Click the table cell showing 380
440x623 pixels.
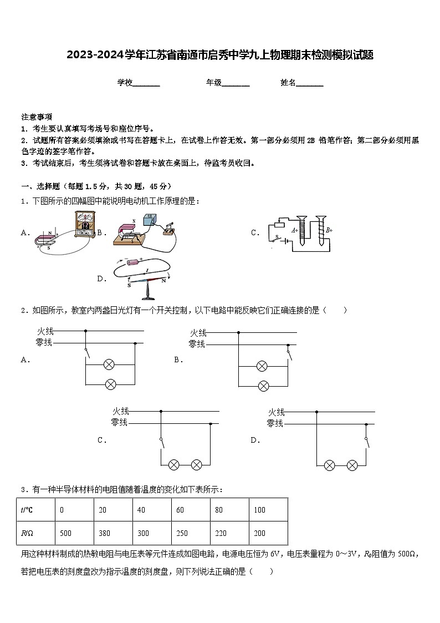coord(104,533)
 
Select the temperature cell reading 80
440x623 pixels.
coord(219,510)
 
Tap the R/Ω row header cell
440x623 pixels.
coord(27,533)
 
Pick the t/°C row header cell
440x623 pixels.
coord(27,510)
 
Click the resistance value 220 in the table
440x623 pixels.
coord(220,533)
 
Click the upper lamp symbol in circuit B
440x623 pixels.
coord(262,366)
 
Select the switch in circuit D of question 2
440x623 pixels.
coord(366,442)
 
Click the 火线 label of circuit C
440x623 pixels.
coord(121,412)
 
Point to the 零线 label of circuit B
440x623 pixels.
coord(197,344)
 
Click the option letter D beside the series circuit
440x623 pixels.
coord(255,440)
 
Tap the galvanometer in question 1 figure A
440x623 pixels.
coord(85,225)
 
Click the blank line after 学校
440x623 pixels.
coord(147,83)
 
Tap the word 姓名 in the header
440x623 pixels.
coord(288,83)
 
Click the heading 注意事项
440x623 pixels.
coord(37,117)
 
